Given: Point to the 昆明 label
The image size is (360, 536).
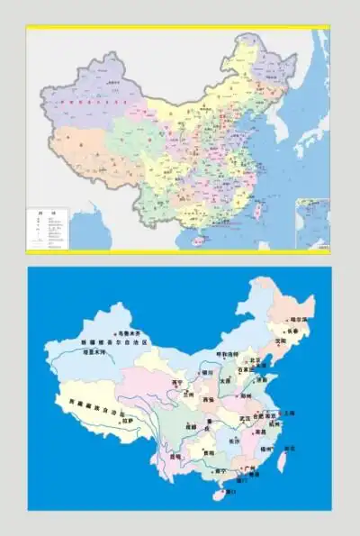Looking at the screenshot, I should [175, 456].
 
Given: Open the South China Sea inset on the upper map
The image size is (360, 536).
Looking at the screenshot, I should [313, 227].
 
